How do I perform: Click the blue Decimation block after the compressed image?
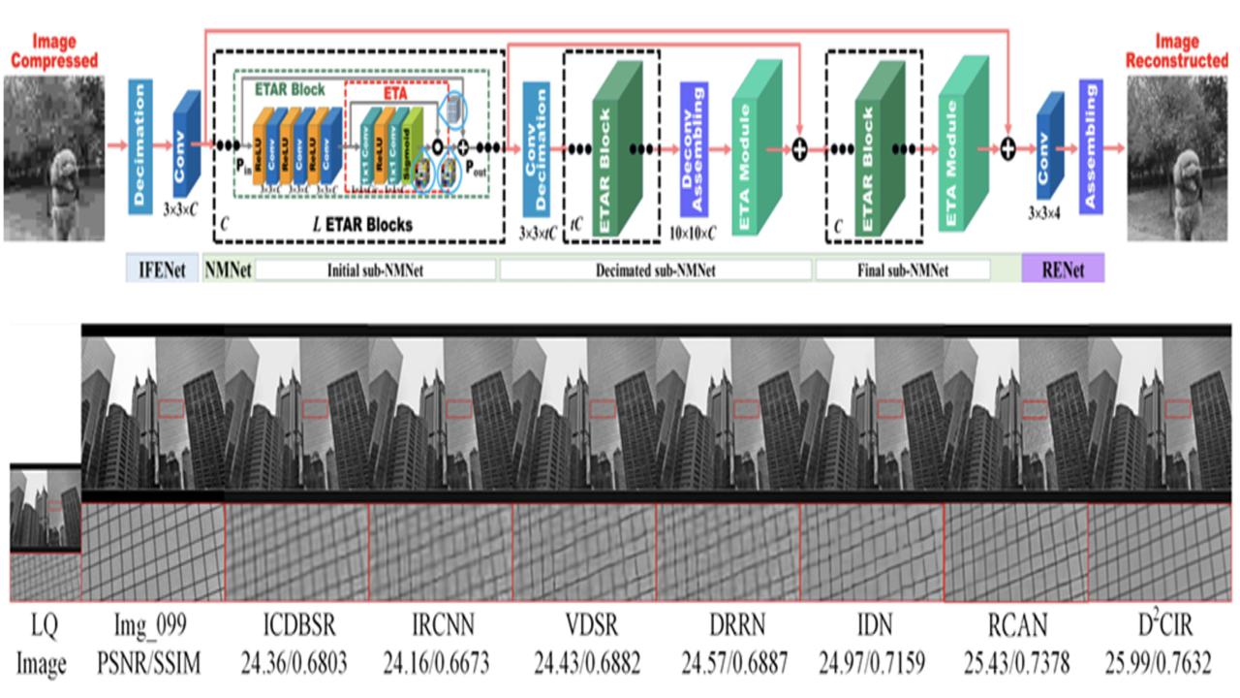(139, 145)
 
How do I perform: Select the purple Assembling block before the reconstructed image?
(1091, 146)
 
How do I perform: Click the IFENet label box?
(162, 269)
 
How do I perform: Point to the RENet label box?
(1062, 269)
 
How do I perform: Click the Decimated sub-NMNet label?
(657, 270)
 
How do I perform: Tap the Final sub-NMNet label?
(902, 270)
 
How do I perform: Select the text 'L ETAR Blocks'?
(364, 224)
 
